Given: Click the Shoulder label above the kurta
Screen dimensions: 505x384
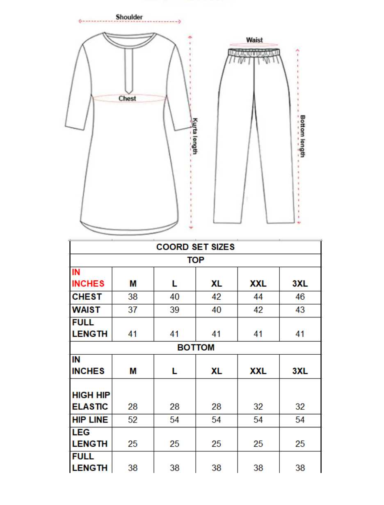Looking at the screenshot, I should pyautogui.click(x=129, y=17).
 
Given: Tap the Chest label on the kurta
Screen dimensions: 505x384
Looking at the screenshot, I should pyautogui.click(x=127, y=99).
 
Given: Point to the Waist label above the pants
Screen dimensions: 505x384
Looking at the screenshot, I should pyautogui.click(x=254, y=40).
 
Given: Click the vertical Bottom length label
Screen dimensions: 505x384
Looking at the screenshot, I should pyautogui.click(x=302, y=136).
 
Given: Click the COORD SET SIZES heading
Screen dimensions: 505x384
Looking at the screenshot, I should pyautogui.click(x=196, y=247).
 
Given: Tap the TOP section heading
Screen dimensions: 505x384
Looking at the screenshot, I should pyautogui.click(x=196, y=260).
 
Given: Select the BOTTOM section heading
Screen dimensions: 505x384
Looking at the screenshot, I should pyautogui.click(x=196, y=348).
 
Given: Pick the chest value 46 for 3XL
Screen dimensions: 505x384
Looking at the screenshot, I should pyautogui.click(x=300, y=297).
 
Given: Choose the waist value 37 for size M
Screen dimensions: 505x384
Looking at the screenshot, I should pyautogui.click(x=133, y=310).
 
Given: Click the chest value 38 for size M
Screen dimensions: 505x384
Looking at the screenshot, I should pyautogui.click(x=133, y=297).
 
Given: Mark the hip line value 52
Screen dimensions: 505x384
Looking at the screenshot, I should pyautogui.click(x=133, y=420).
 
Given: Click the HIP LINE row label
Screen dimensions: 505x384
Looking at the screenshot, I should pyautogui.click(x=90, y=420).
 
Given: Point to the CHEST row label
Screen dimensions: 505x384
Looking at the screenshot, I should pyautogui.click(x=87, y=297).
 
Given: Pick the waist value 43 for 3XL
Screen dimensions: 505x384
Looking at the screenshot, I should pyautogui.click(x=300, y=310).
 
